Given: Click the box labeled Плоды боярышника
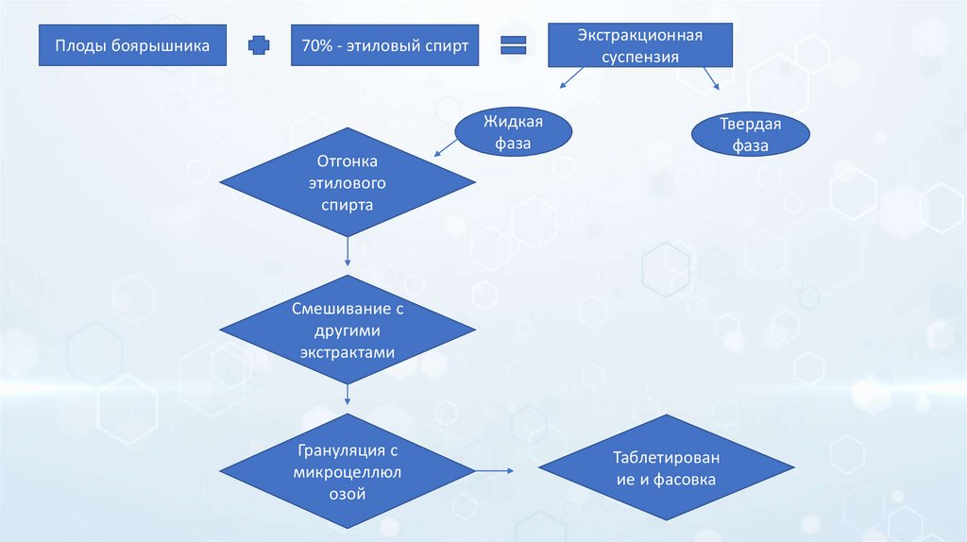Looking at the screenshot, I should point(132,45).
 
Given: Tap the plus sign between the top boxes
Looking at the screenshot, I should point(258,45).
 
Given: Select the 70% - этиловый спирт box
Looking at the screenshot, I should point(384,45).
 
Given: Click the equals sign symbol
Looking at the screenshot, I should point(513,45).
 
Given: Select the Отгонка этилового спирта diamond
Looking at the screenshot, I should point(348,181).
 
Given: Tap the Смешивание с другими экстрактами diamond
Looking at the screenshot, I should point(348,330).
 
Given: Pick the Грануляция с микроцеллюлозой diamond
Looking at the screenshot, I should point(348,471).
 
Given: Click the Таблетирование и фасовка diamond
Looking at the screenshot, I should point(666,468).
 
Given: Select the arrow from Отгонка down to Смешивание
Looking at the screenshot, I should point(348,249).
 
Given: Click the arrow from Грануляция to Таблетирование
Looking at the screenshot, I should point(493,469).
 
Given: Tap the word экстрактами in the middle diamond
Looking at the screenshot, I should point(348,350).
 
